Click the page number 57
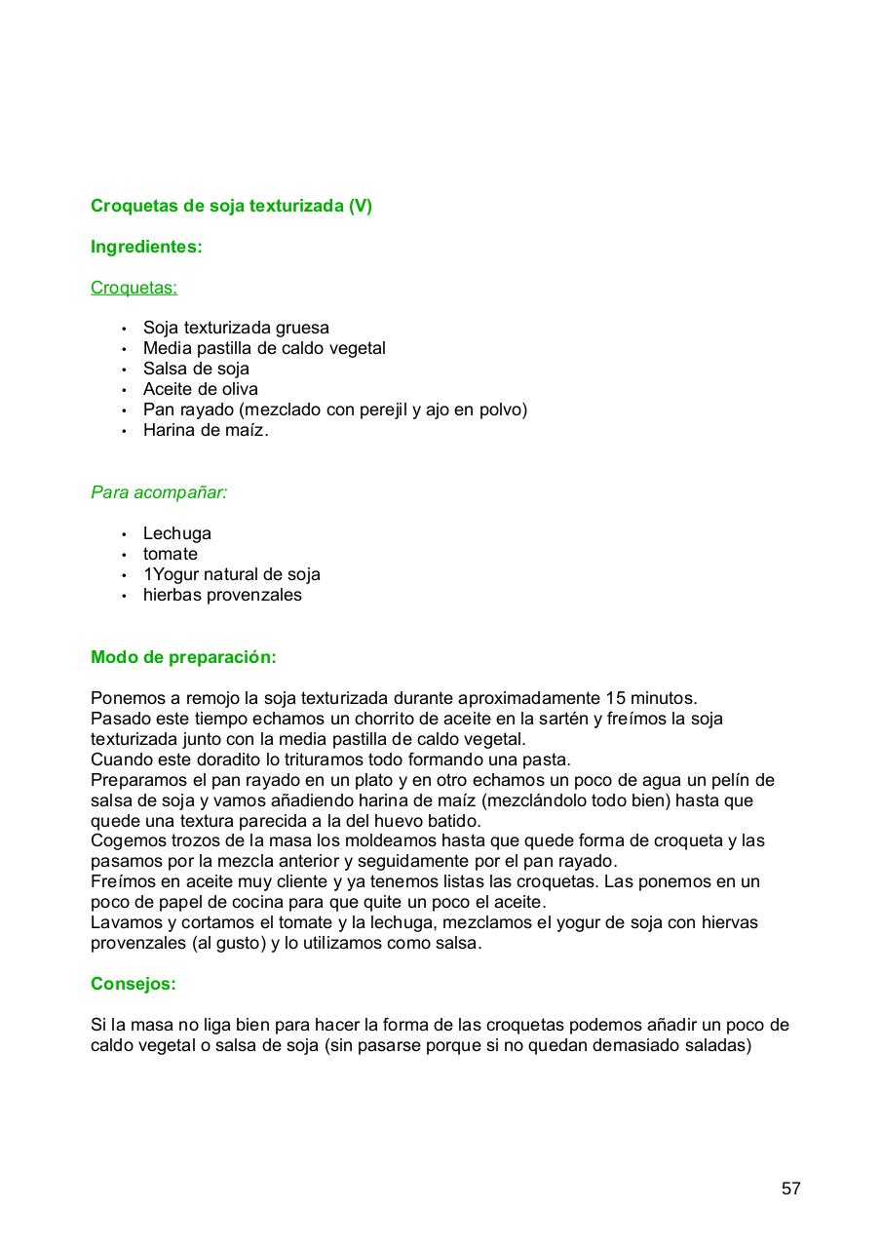790,1189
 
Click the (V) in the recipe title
360,206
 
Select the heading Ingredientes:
146,247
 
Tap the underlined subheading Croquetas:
134,288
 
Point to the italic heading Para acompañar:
159,492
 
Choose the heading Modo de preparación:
183,657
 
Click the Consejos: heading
134,984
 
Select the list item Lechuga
176,533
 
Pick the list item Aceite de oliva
200,389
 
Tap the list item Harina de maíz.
205,430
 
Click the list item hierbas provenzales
222,595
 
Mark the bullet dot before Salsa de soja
124,370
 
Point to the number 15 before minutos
615,698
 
